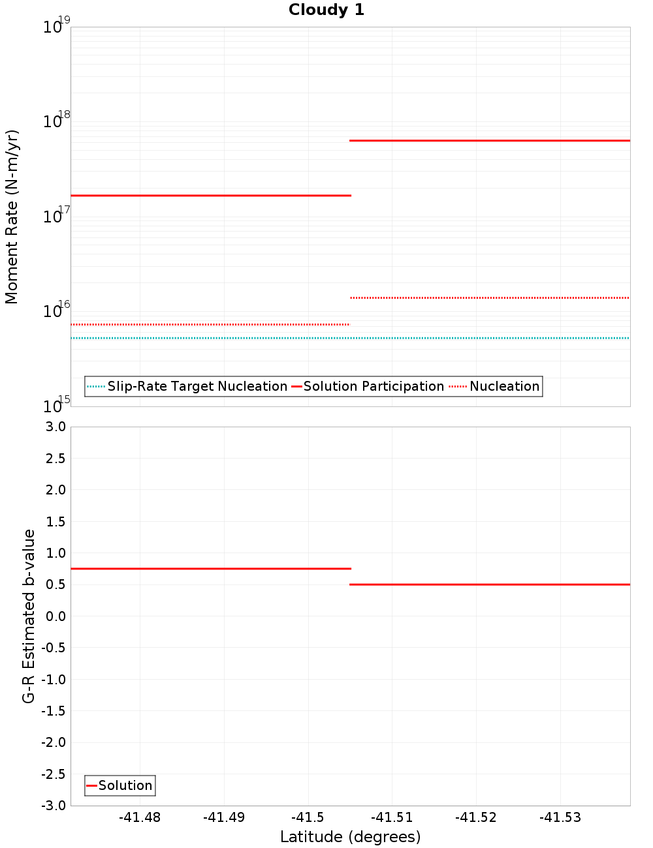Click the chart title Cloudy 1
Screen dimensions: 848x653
point(326,10)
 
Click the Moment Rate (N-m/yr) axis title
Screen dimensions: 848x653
point(12,217)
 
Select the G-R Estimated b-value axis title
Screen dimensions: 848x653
point(29,616)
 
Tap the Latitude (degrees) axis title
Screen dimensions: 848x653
point(350,837)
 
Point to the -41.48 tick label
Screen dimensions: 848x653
point(140,817)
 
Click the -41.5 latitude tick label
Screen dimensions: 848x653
point(308,817)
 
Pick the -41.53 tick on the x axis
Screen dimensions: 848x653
point(560,817)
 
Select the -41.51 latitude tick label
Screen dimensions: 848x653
point(392,817)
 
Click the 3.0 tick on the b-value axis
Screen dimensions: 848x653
point(55,427)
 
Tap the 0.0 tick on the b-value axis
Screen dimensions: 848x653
point(55,616)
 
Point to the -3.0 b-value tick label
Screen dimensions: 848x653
point(54,806)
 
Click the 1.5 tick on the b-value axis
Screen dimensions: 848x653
point(55,521)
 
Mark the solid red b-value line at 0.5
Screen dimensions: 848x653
point(490,584)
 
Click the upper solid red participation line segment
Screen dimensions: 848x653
point(490,140)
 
